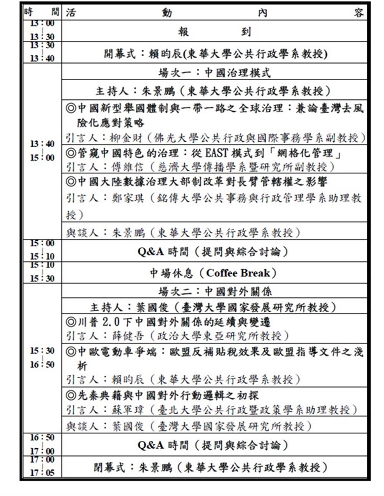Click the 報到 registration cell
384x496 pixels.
tap(214, 31)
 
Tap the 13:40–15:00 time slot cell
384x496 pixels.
tap(42, 151)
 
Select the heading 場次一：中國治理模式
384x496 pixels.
tap(214, 72)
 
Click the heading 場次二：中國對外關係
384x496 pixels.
tap(214, 291)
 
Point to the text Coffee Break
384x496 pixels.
tap(238, 273)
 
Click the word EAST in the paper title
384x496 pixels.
tap(217, 153)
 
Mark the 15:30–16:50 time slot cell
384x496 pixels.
tap(42, 357)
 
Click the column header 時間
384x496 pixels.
tap(41, 13)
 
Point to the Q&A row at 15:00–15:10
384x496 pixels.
tap(214, 252)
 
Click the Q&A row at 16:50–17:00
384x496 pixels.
tap(214, 445)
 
